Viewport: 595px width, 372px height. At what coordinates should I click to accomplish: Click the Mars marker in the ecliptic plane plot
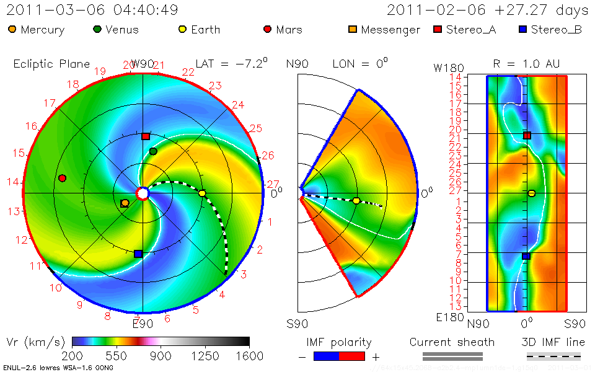62,178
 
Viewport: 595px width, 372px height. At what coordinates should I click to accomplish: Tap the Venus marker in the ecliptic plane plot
153,151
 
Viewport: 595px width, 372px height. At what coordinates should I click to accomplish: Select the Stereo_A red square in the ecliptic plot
146,136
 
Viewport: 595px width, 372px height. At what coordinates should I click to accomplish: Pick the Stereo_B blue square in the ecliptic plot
138,254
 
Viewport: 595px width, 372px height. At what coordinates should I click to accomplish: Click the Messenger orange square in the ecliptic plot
125,203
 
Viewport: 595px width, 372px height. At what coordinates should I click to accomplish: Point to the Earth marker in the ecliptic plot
202,193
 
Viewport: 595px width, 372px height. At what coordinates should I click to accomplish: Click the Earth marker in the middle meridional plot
356,200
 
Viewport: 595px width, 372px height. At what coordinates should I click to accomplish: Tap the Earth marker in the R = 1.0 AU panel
531,193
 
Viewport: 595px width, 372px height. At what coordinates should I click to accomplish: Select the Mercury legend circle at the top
12,29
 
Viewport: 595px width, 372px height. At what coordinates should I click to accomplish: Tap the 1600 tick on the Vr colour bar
249,355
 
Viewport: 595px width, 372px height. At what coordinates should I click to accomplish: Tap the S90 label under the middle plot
298,323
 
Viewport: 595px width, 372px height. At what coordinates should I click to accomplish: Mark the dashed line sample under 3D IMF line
553,356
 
